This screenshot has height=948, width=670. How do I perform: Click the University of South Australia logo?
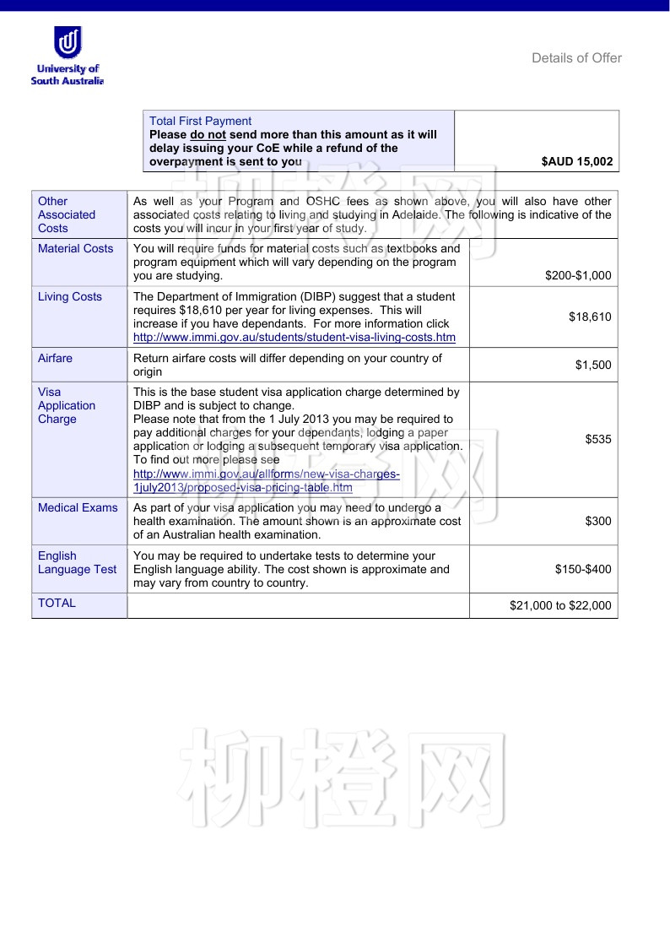(x=68, y=56)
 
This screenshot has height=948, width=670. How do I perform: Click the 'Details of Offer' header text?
(x=576, y=58)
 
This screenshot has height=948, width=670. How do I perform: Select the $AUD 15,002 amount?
(x=577, y=161)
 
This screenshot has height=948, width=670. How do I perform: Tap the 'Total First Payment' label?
(x=200, y=122)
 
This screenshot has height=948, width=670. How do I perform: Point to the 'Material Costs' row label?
(x=75, y=249)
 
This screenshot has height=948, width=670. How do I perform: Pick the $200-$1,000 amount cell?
(x=578, y=276)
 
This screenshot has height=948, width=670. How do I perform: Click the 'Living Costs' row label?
(x=70, y=297)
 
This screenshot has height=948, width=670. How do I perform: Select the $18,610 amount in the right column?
(x=590, y=317)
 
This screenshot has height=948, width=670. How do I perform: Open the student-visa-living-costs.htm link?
(x=294, y=338)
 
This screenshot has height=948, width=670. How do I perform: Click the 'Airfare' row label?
(x=56, y=359)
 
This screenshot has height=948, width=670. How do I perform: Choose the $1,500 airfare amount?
(x=593, y=366)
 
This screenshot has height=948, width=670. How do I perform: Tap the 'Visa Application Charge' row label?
(x=67, y=406)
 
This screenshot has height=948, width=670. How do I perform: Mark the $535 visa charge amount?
(x=598, y=440)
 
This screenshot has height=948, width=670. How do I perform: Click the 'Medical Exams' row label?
(x=78, y=508)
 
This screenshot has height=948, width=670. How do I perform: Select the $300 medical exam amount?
(x=598, y=522)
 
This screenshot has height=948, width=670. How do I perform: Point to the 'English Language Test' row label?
(x=77, y=563)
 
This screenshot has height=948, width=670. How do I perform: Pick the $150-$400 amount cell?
(x=583, y=570)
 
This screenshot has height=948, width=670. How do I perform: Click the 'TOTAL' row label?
(x=57, y=604)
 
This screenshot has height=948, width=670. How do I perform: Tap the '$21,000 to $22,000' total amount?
(x=560, y=605)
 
